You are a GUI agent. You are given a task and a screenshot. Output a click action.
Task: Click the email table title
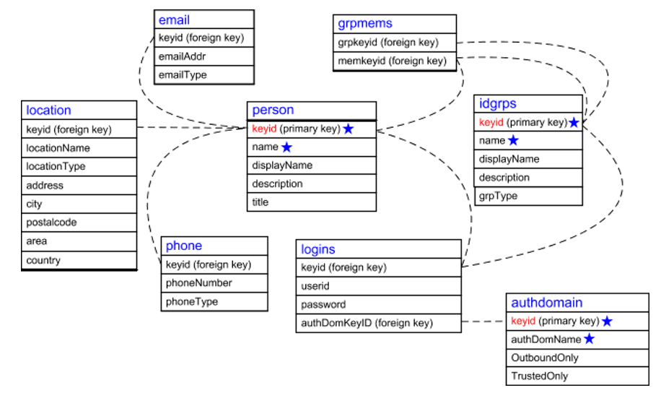coord(174,19)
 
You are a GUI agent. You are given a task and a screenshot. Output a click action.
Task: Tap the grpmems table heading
coord(365,24)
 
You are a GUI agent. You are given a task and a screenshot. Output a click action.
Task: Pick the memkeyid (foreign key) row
coord(392,61)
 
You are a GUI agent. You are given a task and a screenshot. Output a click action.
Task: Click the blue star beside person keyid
coord(349,129)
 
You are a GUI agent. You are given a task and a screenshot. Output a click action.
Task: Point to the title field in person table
coord(261,202)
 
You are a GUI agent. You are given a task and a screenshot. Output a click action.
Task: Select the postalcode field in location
coord(51,223)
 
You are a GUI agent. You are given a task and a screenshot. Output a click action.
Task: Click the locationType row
coord(56,166)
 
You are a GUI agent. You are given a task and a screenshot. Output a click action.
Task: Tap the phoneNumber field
coord(199,283)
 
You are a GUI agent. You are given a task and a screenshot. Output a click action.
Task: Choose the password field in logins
coord(323,304)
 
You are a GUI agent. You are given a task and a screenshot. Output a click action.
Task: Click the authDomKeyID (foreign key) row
coord(367,323)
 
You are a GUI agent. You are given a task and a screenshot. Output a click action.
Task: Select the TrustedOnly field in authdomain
coord(540,376)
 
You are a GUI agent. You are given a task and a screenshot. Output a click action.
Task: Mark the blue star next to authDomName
coord(590,339)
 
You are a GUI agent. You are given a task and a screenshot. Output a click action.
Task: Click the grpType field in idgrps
coord(498,196)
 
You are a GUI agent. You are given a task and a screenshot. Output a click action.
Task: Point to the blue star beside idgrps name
coord(514,140)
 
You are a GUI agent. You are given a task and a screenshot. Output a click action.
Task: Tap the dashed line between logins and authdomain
coord(483,322)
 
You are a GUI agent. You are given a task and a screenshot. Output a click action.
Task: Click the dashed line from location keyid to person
coord(191,129)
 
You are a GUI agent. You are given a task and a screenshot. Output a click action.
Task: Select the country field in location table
coord(43,260)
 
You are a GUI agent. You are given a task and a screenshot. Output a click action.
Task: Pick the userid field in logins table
coord(315,286)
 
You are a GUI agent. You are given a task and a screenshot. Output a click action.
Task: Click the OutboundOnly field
coord(545,358)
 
